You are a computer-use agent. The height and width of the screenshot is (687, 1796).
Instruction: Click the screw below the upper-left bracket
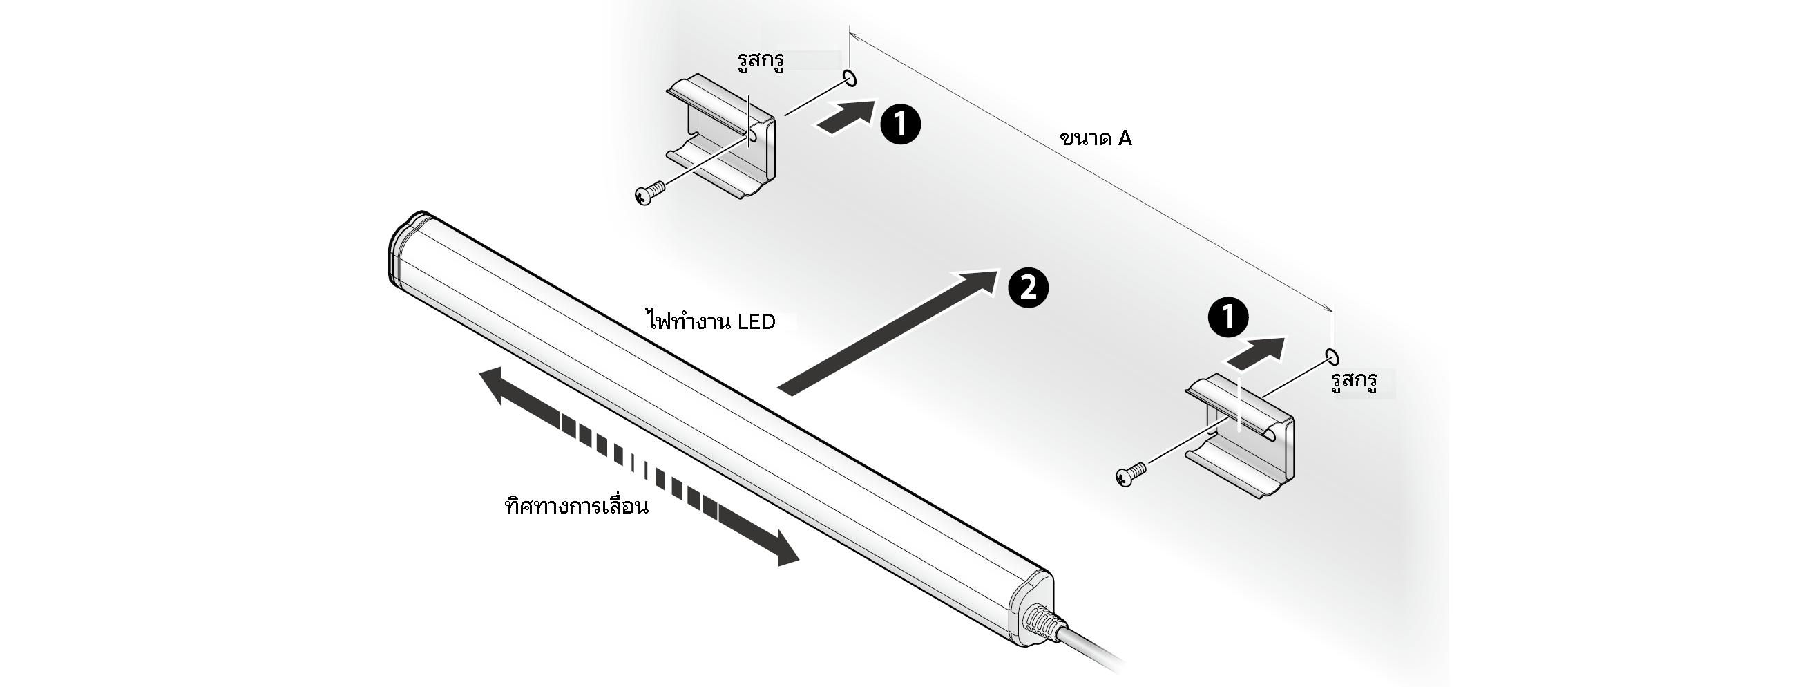[x=649, y=194]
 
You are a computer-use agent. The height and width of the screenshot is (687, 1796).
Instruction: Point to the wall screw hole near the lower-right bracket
[x=1332, y=357]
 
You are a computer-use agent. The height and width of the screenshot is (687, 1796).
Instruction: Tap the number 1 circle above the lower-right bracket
[x=1228, y=317]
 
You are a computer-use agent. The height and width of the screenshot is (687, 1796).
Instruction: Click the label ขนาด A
[x=1096, y=138]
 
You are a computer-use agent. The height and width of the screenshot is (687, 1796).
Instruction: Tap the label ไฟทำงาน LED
[x=710, y=322]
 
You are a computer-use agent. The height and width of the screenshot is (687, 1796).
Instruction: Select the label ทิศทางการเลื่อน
[x=577, y=505]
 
